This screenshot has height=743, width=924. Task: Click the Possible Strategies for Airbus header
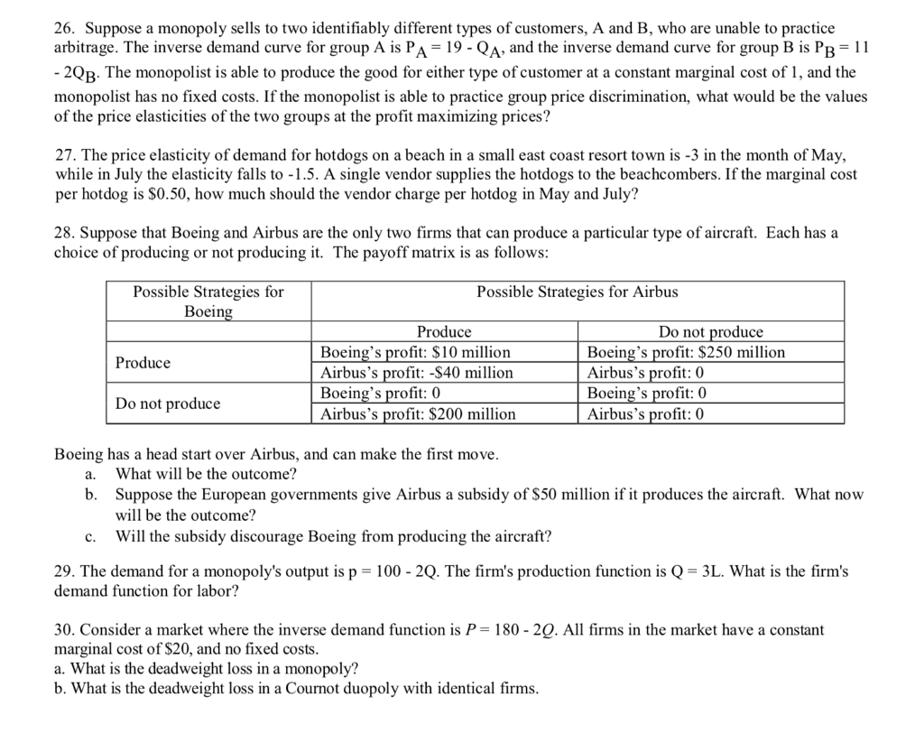[577, 292]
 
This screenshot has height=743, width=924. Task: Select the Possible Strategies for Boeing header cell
[208, 302]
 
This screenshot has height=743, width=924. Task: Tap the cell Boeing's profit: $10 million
[416, 352]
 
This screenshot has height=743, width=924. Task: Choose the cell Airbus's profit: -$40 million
[417, 373]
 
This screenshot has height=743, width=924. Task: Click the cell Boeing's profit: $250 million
[686, 352]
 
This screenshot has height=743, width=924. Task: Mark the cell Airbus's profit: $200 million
[419, 414]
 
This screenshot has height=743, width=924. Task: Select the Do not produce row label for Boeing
[167, 404]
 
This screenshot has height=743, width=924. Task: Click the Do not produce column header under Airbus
[710, 332]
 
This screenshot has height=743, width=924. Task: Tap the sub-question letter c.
[89, 536]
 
